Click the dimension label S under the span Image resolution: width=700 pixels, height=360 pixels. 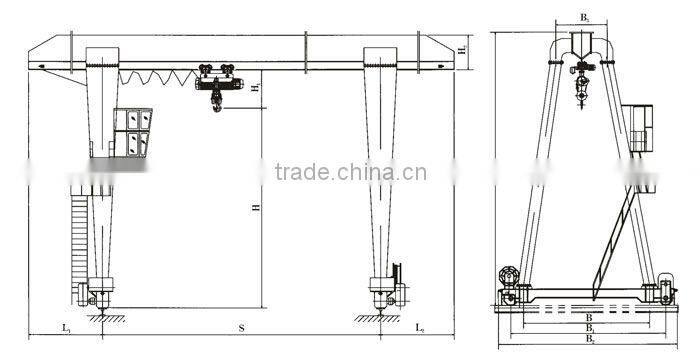coord(242,327)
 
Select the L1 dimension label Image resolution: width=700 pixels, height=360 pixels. coord(65,327)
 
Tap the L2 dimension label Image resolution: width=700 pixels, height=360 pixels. coord(421,327)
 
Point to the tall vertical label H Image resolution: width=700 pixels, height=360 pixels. coord(256,207)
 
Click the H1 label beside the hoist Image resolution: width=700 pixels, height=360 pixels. coord(256,89)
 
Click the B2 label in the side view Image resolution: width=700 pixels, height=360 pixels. coord(590,340)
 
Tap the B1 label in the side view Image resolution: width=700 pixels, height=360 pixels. coord(590,329)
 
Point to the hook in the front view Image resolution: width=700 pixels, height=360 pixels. coord(217,101)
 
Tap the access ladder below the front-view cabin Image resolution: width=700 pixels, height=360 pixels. coord(81,240)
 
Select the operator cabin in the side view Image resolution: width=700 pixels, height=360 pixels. coord(640,130)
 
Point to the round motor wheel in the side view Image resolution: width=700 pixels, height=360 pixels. coord(509,275)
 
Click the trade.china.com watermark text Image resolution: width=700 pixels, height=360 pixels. coord(350,172)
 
